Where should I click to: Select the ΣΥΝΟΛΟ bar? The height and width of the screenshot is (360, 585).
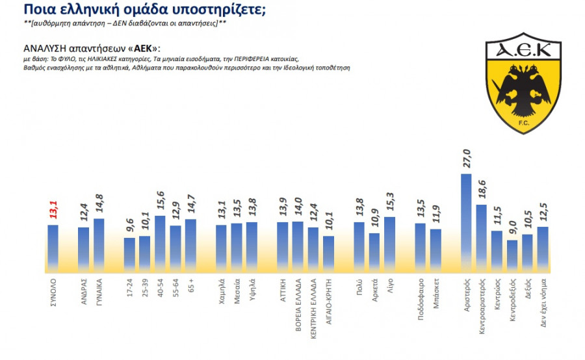[53, 248]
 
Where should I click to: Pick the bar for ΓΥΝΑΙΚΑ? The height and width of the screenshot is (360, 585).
[99, 244]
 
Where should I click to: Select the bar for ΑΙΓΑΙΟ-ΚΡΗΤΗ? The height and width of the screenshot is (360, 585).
[329, 253]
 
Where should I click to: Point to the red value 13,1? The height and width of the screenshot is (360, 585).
[53, 209]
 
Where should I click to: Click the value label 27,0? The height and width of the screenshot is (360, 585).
[466, 159]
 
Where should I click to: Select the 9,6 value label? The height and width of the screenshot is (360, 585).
[129, 227]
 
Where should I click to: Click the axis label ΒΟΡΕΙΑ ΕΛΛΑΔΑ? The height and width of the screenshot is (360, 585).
[298, 305]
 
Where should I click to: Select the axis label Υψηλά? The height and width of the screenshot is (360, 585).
[252, 290]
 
